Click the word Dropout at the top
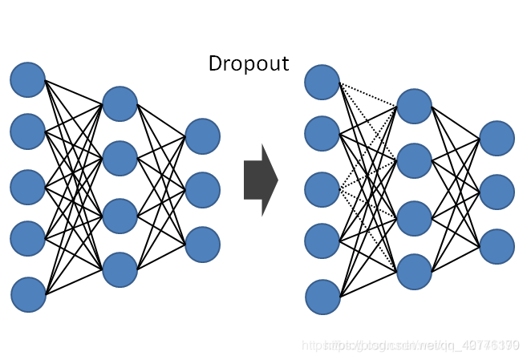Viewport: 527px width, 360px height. (x=249, y=63)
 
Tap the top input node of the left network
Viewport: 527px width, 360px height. (x=28, y=79)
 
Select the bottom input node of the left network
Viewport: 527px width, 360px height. (x=28, y=294)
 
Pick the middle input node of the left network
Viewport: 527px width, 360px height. (x=28, y=186)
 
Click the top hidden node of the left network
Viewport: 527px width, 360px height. (x=120, y=103)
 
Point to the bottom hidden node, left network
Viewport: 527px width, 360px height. (x=120, y=269)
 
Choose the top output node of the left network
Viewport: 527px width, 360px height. (x=202, y=136)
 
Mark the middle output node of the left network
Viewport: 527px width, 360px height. (x=202, y=189)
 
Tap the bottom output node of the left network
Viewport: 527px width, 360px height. (x=202, y=244)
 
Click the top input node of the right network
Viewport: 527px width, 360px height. (x=323, y=83)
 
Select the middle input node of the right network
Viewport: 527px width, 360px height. (x=323, y=189)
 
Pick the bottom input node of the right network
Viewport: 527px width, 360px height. (x=323, y=297)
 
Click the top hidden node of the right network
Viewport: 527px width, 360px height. (x=415, y=106)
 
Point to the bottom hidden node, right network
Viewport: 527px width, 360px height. (x=415, y=271)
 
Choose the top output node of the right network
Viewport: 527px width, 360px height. (x=497, y=138)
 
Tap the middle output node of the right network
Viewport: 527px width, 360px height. (x=497, y=192)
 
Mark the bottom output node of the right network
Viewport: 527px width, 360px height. (x=497, y=246)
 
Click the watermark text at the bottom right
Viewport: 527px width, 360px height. (x=410, y=345)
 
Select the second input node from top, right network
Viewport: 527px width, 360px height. (x=323, y=133)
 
